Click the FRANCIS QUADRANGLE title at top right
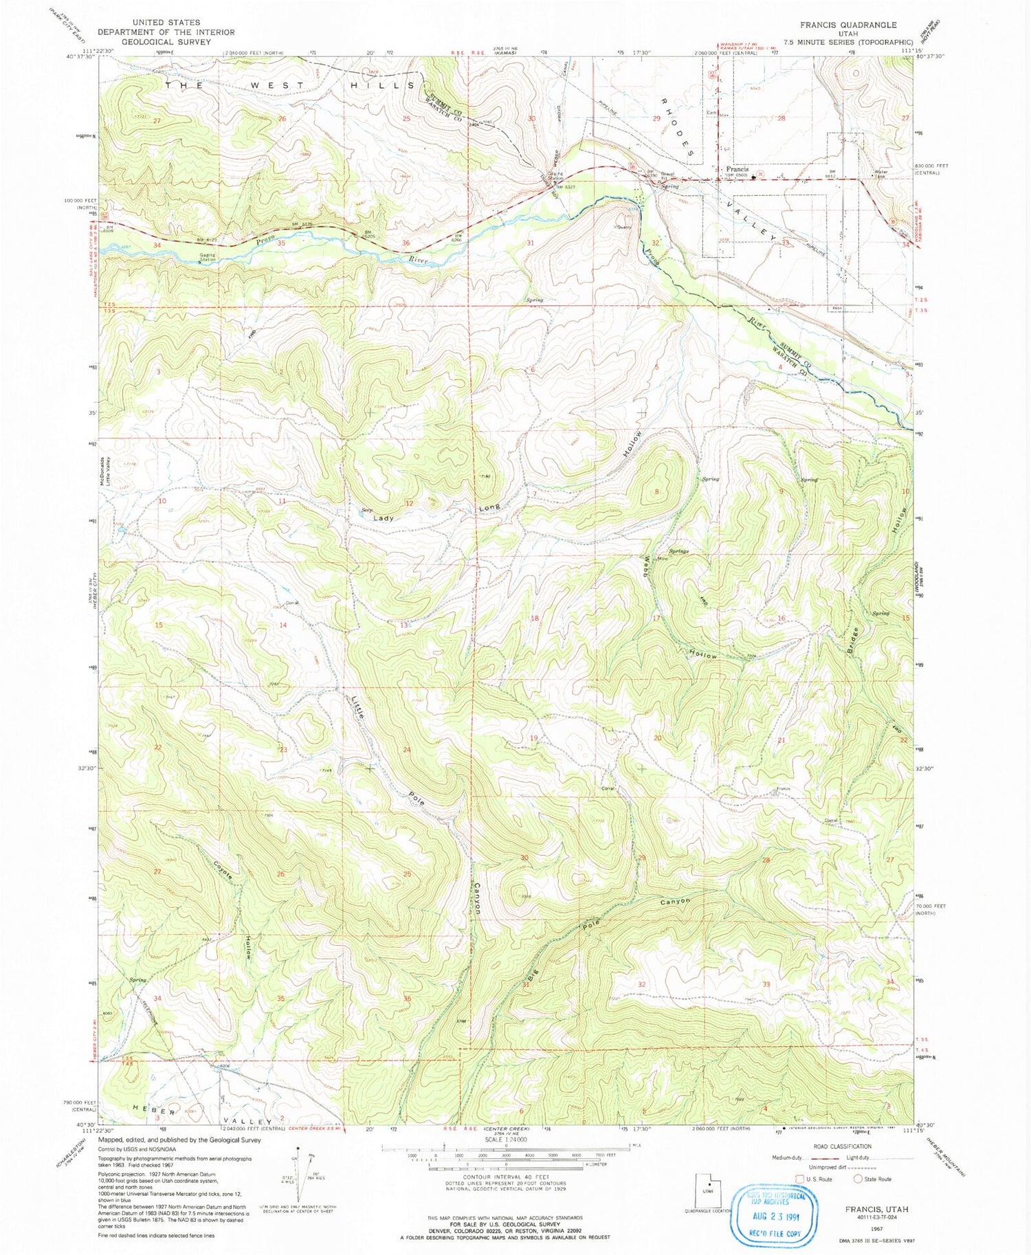point(848,25)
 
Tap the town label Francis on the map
point(738,169)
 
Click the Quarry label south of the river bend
point(623,227)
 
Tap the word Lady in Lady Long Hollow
point(384,518)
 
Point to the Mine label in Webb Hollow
point(663,559)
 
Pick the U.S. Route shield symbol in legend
point(799,1179)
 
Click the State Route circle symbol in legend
point(858,1179)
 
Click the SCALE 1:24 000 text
point(505,1139)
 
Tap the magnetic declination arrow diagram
point(298,1173)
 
